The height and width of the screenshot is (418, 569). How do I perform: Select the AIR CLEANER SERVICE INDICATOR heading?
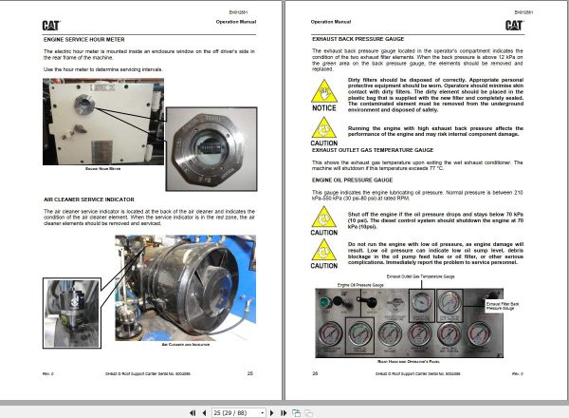[x=98, y=200]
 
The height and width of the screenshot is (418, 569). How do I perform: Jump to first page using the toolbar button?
[x=193, y=411]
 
